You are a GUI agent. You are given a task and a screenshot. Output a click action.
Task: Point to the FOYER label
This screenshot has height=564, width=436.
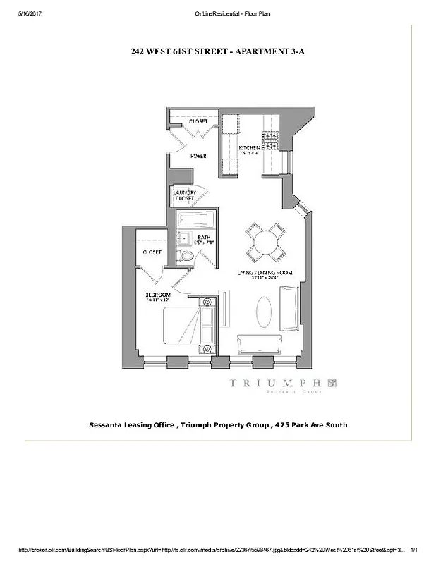[x=198, y=156]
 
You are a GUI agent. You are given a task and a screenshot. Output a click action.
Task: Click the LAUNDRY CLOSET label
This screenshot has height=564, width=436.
[x=184, y=197]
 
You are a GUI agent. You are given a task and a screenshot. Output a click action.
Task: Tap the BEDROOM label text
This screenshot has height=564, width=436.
[x=158, y=294]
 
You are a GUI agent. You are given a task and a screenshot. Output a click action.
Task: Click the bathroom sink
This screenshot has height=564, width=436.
[x=180, y=238]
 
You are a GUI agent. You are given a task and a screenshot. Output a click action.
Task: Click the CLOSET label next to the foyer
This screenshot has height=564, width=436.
[x=198, y=121]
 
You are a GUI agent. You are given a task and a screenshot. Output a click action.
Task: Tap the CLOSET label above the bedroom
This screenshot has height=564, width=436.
[x=152, y=252]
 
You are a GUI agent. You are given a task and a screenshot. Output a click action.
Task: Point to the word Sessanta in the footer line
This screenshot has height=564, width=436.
[x=109, y=425]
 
